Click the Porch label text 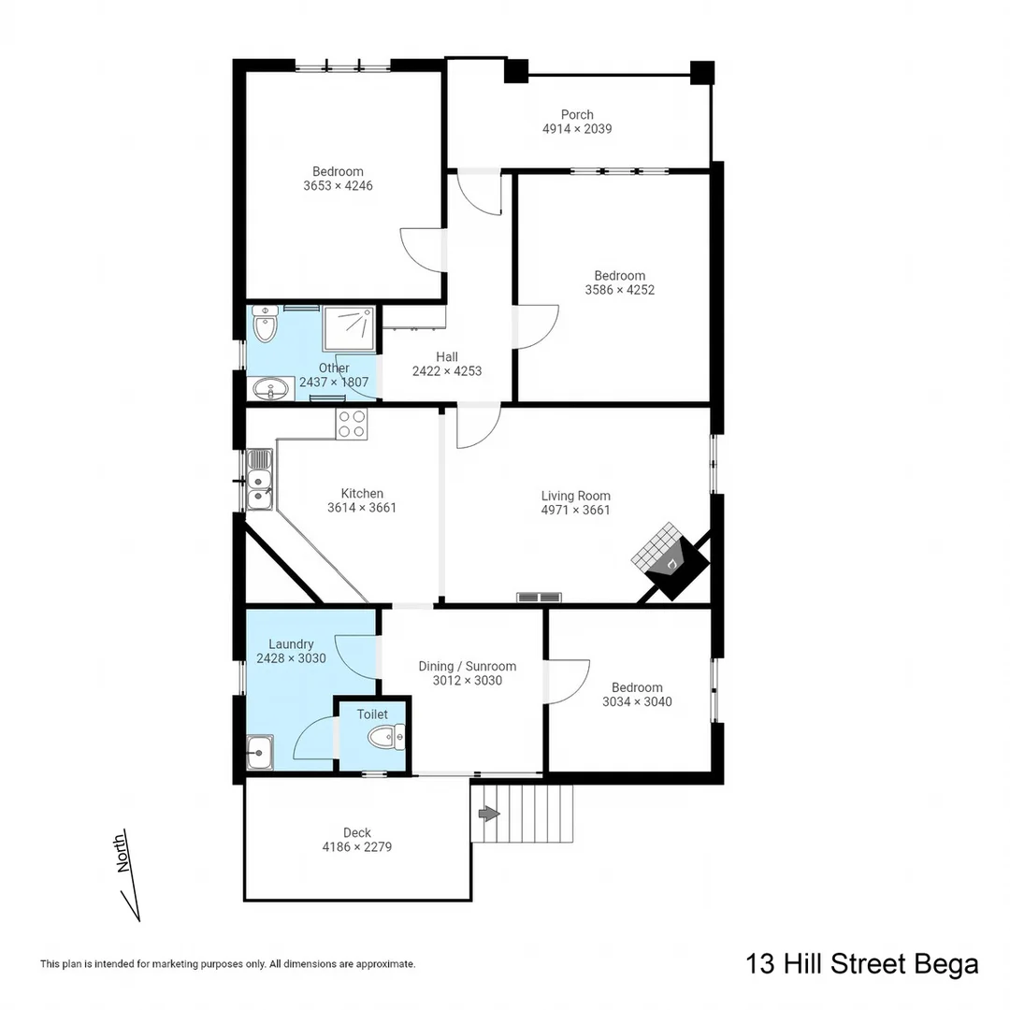coord(577,114)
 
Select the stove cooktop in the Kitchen coord(353,424)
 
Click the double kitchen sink coord(259,480)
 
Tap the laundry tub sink coord(259,751)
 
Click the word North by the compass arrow coord(122,853)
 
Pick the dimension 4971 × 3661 coord(575,510)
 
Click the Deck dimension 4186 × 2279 coord(356,847)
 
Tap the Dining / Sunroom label coord(467,666)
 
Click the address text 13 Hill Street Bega coord(861,964)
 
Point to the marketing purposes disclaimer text coord(227,963)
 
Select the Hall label coord(446,356)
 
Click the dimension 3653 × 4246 coord(338,185)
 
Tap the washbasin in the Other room coord(272,387)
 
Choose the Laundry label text coord(291,643)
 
